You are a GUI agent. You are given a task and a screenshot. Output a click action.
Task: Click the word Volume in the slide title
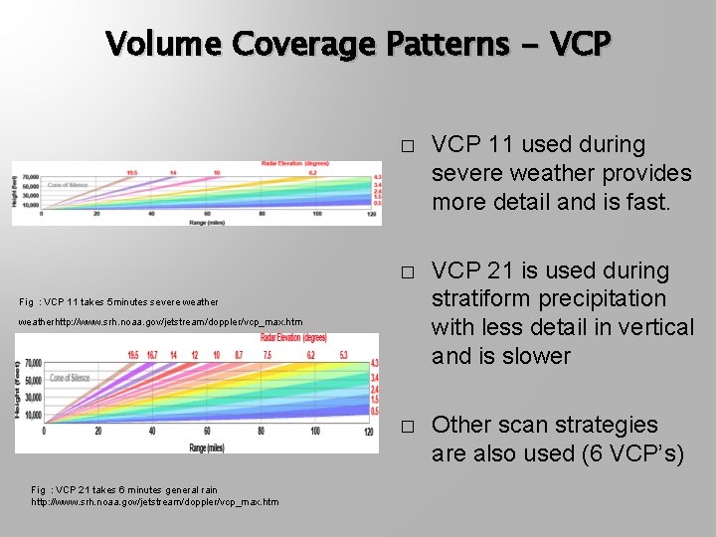[x=163, y=44]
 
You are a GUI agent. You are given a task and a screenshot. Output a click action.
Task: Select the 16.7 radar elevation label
[x=152, y=355]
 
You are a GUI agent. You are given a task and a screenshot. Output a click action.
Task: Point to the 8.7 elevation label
[x=239, y=355]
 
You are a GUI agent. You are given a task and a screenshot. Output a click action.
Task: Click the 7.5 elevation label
[x=268, y=355]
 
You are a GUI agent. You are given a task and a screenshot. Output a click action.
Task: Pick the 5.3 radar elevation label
[x=343, y=355]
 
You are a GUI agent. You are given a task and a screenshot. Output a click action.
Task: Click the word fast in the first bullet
[x=650, y=202]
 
